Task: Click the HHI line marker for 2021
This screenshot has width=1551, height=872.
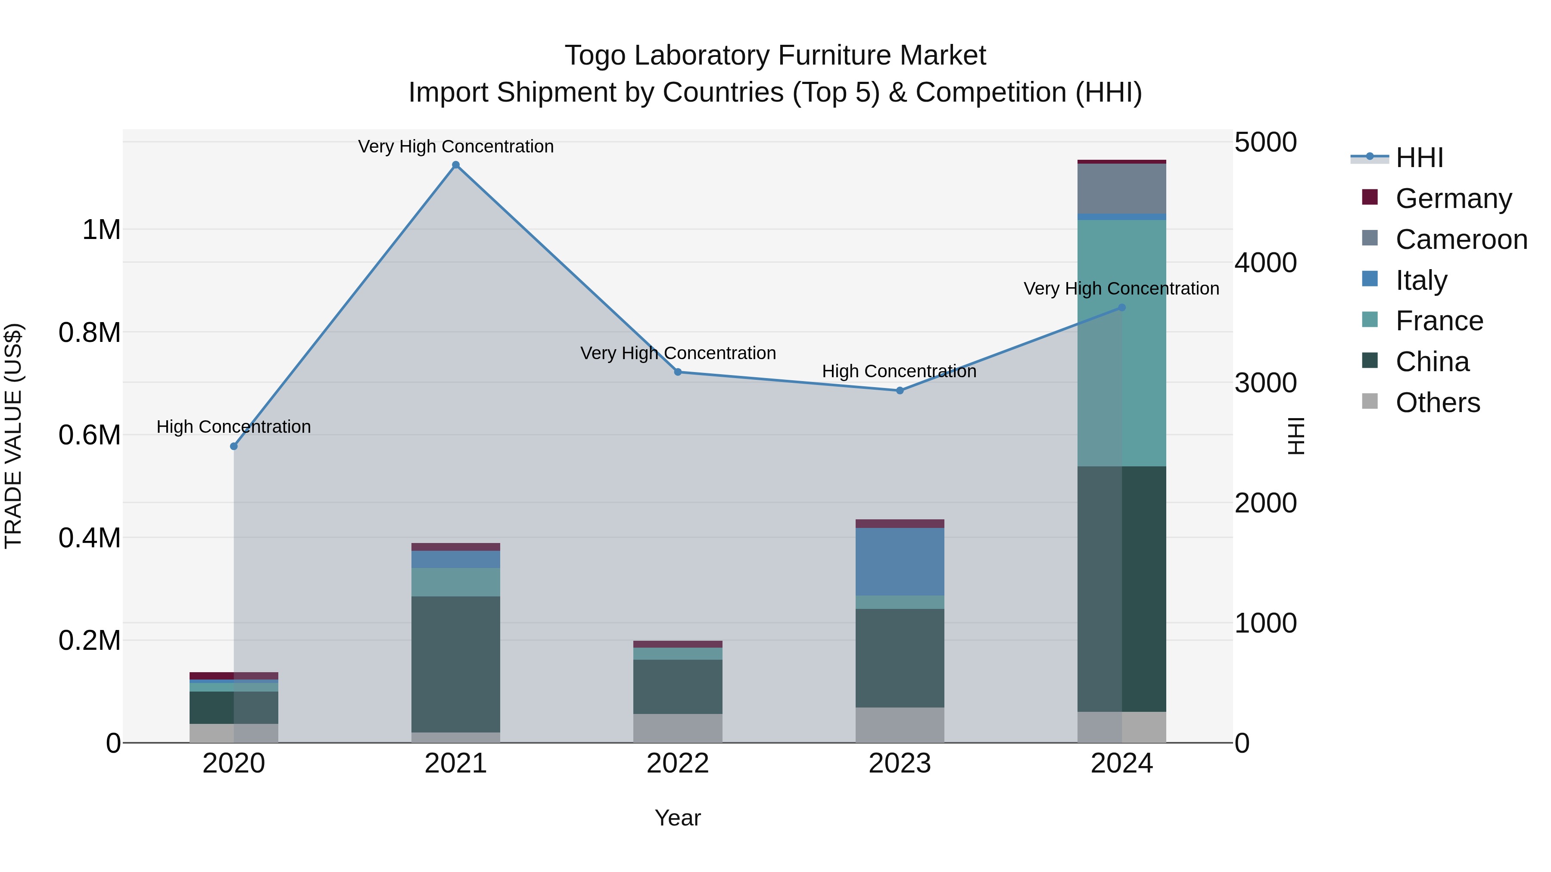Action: [456, 165]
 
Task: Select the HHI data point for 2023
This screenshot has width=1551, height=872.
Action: [900, 391]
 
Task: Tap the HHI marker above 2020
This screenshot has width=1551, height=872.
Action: [234, 447]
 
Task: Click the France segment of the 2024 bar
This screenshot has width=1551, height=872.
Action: [1122, 343]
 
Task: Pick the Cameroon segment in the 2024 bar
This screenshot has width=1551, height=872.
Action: [1122, 188]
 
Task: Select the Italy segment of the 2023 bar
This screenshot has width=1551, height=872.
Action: [900, 562]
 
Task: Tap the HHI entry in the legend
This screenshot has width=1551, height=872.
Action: [1419, 158]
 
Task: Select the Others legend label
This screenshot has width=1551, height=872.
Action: [1437, 403]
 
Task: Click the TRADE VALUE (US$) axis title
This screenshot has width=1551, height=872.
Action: [13, 436]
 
